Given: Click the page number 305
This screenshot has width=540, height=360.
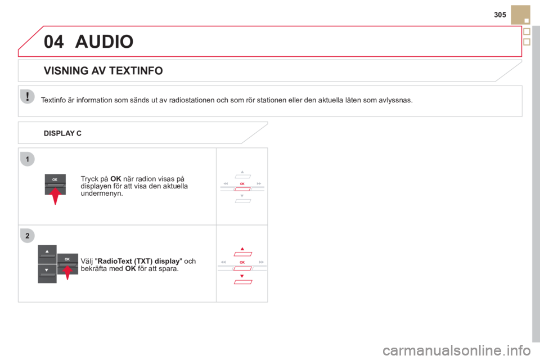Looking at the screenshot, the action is pos(499,15).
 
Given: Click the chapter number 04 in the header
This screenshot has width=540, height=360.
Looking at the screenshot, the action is pos(54,42).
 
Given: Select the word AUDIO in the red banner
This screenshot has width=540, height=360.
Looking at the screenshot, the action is pos(105,42).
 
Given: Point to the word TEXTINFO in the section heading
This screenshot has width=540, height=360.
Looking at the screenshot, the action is pos(136,71).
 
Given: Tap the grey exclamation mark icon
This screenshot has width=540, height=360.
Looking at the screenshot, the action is pos(27,96).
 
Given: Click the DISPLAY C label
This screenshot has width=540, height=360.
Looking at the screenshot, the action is pos(62,133).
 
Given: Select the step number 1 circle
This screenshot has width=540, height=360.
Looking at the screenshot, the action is pos(28,159).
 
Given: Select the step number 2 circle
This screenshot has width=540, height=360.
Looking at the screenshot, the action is pos(28,236).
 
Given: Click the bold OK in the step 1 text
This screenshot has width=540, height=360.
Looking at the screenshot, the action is pos(116,179).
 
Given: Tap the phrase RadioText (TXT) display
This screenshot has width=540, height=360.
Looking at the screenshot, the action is pos(139,261).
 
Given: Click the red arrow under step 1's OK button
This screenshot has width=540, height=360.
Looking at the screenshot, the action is pos(55,196).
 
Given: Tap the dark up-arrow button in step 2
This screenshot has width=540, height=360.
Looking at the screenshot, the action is pos(47,254).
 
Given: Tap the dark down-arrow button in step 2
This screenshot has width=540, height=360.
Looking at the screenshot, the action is pos(47,273).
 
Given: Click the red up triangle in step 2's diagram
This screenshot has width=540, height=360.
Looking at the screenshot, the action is pos(242,249).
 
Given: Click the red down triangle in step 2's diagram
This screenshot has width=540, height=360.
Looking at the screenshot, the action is pos(242,276).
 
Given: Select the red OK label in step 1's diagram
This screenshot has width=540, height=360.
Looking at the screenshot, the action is pos(242,184).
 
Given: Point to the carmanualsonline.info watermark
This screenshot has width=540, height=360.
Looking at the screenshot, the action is pos(457,350).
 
